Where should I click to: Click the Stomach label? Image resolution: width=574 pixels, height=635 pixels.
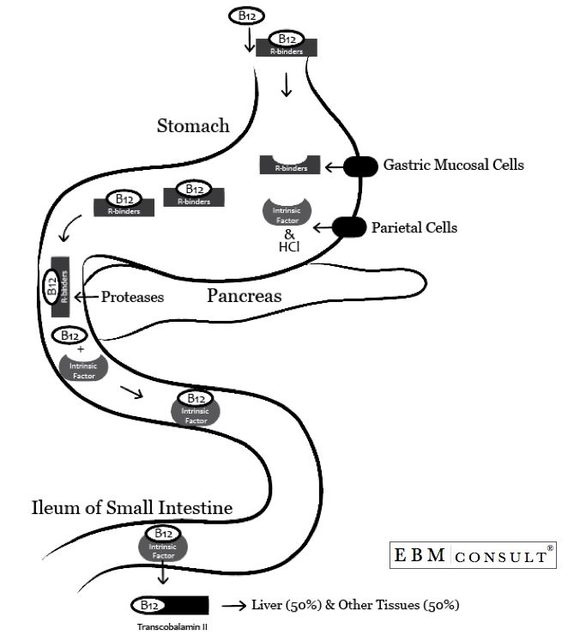pos(193,126)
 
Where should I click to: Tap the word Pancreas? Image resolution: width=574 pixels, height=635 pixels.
pos(245,296)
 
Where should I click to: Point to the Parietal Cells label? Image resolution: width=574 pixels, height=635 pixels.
pos(414,227)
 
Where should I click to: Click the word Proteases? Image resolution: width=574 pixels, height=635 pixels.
pos(132,297)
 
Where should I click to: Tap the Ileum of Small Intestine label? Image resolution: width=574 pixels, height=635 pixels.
pos(132,508)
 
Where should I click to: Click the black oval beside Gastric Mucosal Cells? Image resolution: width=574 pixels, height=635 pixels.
pos(360,166)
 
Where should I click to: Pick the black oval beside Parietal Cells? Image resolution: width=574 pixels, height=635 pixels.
pos(347,227)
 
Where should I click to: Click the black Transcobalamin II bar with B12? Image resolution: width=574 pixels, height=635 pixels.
pos(169,605)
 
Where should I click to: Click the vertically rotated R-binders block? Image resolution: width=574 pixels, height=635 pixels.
pos(60,283)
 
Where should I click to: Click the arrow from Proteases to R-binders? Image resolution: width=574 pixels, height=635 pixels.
pos(86,297)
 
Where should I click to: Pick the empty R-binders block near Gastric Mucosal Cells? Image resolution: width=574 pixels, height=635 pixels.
pos(290,165)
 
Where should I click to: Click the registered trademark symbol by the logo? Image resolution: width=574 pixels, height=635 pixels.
pos(550,546)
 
